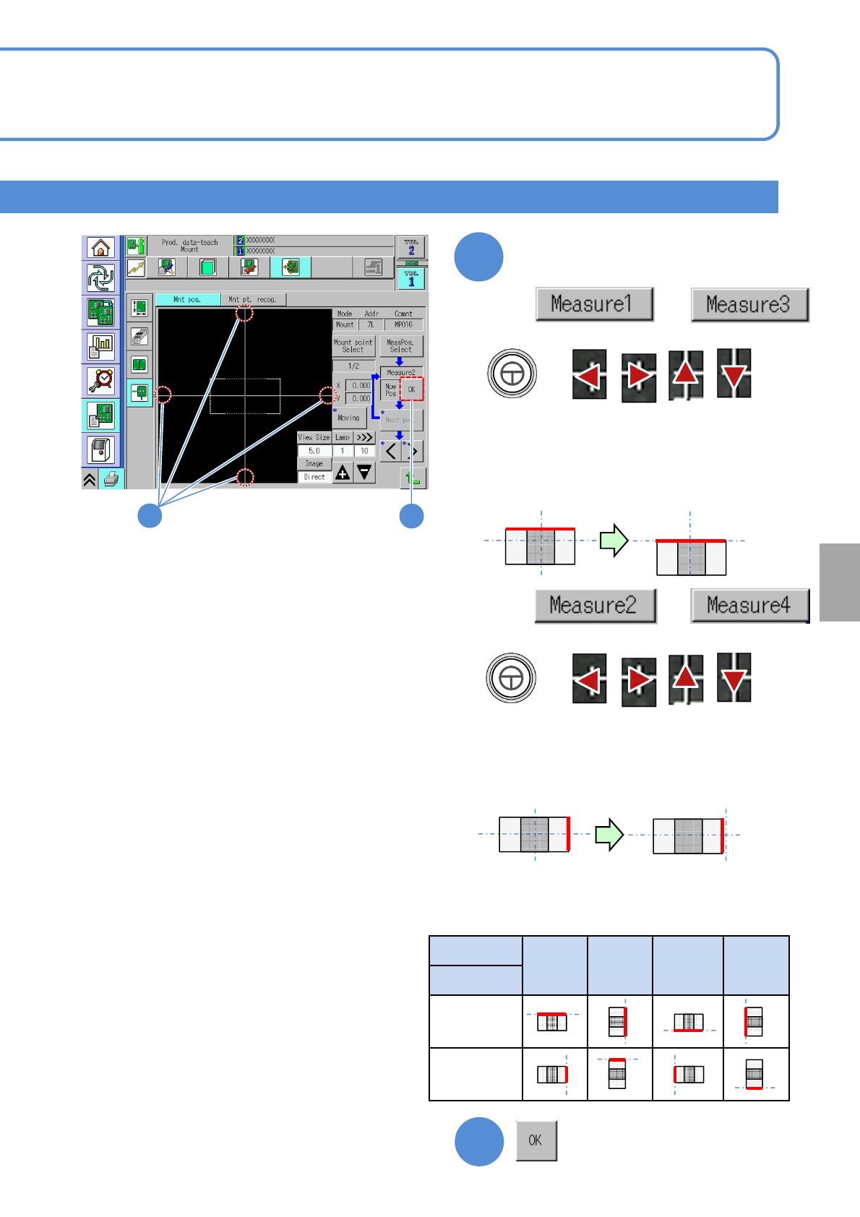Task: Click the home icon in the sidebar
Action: (x=100, y=248)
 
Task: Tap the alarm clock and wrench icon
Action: (x=100, y=379)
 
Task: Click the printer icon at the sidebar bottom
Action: (x=111, y=479)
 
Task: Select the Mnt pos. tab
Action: (x=187, y=299)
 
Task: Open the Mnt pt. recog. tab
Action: (x=252, y=299)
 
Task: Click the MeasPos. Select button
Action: (x=400, y=346)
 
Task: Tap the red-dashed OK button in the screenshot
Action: (x=412, y=390)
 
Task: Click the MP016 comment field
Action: (x=403, y=324)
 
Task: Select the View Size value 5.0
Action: (x=314, y=451)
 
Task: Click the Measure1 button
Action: (x=594, y=304)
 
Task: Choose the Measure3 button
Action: (x=749, y=305)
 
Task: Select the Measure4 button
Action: (x=749, y=605)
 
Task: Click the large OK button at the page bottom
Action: (x=536, y=1140)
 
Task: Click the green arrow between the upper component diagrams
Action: (x=614, y=540)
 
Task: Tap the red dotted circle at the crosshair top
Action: (x=245, y=313)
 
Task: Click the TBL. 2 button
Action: (x=411, y=247)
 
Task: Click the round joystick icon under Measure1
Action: (x=512, y=374)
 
